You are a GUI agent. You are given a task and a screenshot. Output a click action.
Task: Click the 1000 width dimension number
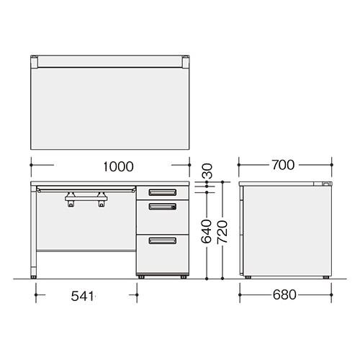[x=118, y=166]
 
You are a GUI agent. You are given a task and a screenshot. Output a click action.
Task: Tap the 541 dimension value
[x=85, y=296]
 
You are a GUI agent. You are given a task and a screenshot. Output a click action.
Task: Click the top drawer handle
[x=162, y=192]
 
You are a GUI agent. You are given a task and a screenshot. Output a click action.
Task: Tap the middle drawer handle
[x=162, y=207]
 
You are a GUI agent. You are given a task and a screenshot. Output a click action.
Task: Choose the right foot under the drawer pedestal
[x=184, y=276]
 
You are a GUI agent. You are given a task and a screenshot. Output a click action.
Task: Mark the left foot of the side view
[x=248, y=277]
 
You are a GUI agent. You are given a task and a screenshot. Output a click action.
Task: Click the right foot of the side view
[x=327, y=277]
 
